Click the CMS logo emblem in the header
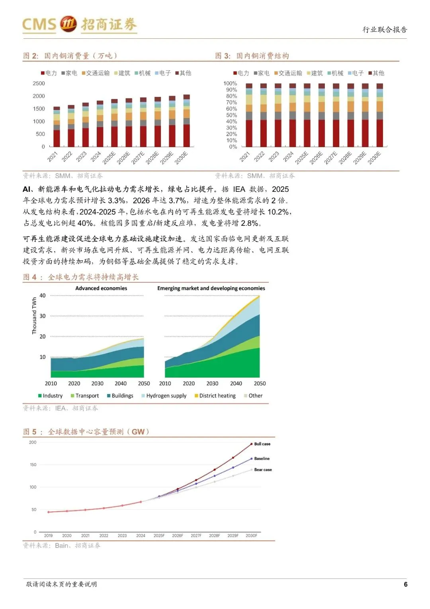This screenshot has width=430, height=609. point(68,24)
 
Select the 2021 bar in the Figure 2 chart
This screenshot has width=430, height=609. point(57,127)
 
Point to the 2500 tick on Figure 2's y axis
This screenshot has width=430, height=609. point(39,83)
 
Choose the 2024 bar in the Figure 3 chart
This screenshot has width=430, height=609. point(292,115)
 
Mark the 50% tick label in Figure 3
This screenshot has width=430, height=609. point(231,115)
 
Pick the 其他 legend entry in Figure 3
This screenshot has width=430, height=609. point(376,73)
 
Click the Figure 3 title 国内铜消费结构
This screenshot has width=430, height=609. point(263,56)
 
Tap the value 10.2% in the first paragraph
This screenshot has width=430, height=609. point(279,212)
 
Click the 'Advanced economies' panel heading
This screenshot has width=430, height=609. point(101,288)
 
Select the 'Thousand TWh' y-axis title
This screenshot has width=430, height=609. point(34,316)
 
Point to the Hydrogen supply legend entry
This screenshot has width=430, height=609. point(164,396)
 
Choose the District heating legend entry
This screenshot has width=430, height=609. point(215,396)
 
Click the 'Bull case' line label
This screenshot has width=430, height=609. point(262,444)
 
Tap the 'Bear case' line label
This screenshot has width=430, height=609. point(263,470)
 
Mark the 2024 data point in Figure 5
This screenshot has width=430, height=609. point(141,502)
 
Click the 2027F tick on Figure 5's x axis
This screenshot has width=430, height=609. point(196,536)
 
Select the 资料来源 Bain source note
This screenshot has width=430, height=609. point(62,546)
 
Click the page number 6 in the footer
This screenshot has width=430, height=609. point(405,584)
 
